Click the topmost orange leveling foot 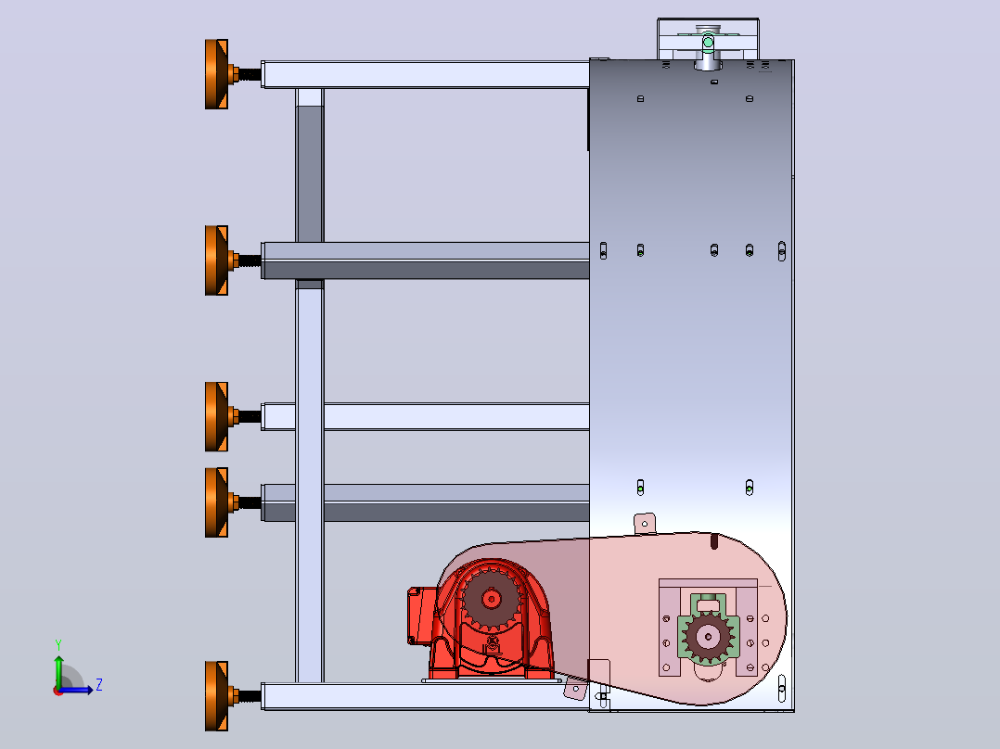pos(217,74)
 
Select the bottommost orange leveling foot pos(217,696)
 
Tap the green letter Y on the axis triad pos(58,644)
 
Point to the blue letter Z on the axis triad pos(99,685)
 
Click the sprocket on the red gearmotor pos(491,599)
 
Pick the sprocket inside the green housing pos(708,636)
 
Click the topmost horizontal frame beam pos(426,74)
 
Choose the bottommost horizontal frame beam pos(426,697)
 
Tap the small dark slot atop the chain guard pos(714,541)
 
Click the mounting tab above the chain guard pos(645,524)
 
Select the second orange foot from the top pos(217,260)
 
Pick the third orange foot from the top pos(217,417)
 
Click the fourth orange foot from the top pos(217,502)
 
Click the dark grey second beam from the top pos(426,260)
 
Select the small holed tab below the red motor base pos(575,689)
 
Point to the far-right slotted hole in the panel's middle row pos(782,251)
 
